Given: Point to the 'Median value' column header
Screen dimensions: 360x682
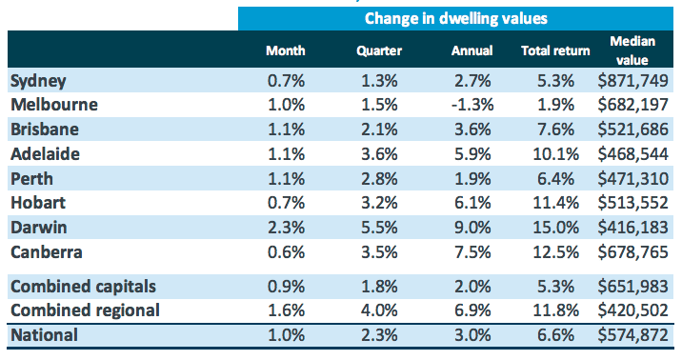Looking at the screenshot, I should coord(632,50).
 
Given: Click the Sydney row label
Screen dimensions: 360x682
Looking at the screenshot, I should coord(38,80).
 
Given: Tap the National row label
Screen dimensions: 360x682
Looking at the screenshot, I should coord(43,335).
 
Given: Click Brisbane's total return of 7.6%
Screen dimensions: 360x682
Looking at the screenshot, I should coord(556,130).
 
